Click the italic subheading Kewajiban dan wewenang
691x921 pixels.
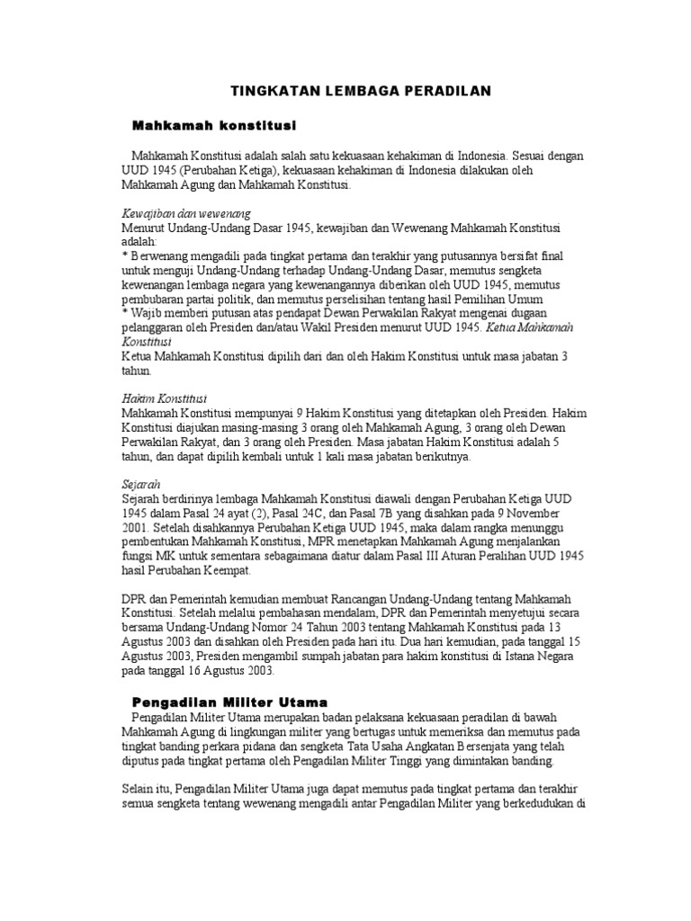point(186,213)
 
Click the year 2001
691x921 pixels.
point(136,527)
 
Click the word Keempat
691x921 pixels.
point(221,570)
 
